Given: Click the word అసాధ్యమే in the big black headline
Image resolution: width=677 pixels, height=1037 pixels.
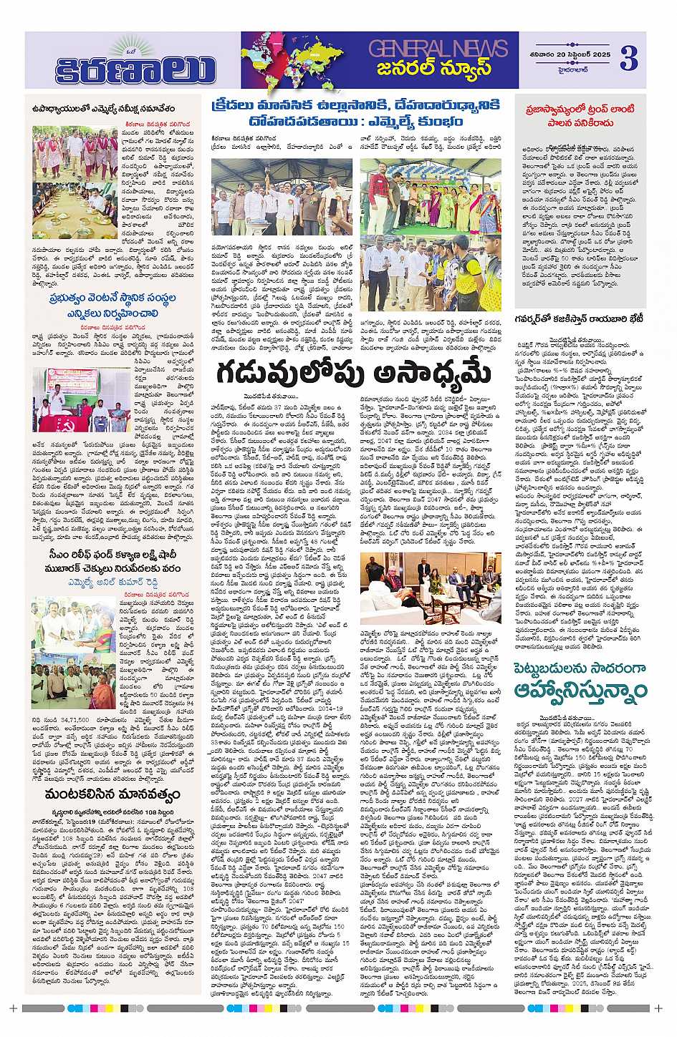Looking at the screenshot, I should [x=413, y=374].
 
